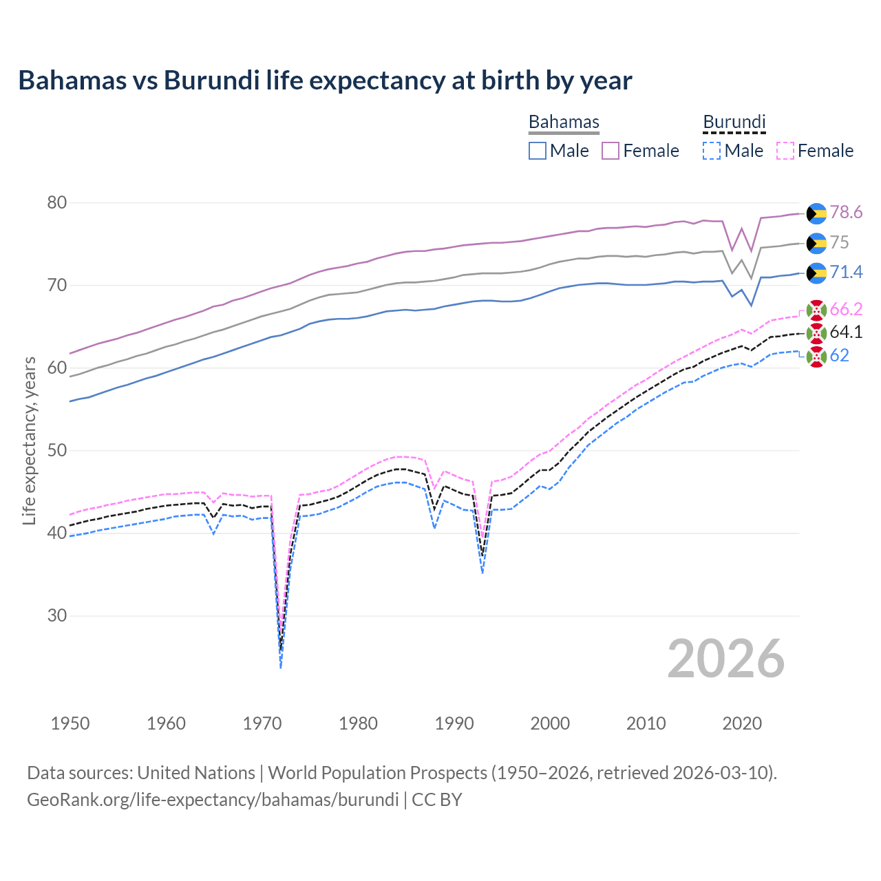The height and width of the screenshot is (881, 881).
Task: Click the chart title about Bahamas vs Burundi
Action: [x=325, y=81]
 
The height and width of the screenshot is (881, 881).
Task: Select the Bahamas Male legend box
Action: [x=538, y=151]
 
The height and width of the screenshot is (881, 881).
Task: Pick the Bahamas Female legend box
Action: [x=611, y=151]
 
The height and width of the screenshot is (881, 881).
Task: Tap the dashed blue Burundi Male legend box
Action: [x=712, y=151]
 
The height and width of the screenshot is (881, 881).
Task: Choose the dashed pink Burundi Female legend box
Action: [x=785, y=151]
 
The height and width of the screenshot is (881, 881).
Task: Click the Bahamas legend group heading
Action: [x=564, y=122]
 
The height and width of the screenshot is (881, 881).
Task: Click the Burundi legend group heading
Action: [x=734, y=122]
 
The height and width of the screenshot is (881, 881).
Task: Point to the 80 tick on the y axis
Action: [x=57, y=202]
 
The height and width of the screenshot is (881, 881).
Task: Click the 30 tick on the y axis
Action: [x=57, y=615]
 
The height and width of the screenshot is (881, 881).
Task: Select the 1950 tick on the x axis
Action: [x=70, y=723]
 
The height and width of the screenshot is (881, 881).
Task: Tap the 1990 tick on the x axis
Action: [x=454, y=723]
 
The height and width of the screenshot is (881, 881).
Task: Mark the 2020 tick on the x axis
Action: [x=742, y=723]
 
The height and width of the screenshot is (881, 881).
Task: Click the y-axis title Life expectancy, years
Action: [x=29, y=440]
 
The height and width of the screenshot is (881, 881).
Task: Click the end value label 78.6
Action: [x=846, y=212]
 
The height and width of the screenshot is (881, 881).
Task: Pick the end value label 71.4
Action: [x=846, y=272]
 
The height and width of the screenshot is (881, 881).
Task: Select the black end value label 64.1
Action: [x=846, y=332]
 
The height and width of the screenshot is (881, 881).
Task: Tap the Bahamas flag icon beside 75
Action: [x=816, y=243]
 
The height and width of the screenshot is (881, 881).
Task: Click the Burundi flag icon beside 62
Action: [x=816, y=357]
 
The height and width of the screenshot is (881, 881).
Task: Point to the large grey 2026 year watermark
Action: [x=725, y=659]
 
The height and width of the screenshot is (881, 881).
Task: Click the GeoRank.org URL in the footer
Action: [x=213, y=800]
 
